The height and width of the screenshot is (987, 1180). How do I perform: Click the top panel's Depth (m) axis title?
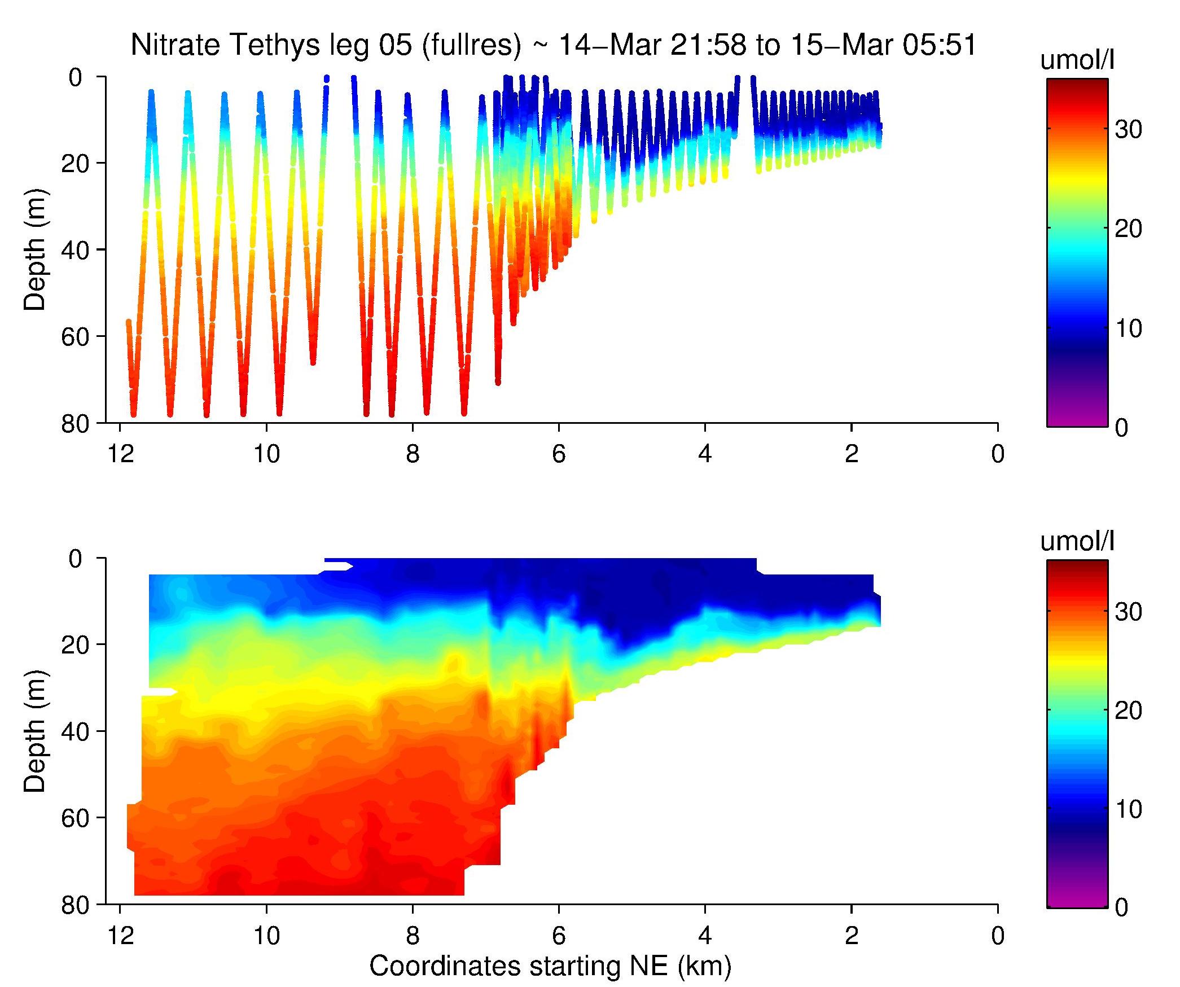35,249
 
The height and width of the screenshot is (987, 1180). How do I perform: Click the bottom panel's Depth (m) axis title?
35,731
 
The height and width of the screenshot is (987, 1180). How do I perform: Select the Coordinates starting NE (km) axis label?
550,966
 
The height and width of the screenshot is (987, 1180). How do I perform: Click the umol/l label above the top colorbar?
1077,60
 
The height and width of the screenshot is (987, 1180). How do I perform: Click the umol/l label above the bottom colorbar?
1077,542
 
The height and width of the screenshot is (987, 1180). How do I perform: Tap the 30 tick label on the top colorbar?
1128,130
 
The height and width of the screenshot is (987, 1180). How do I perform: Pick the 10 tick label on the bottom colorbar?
1128,810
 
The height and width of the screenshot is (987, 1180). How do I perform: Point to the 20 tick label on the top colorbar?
1128,229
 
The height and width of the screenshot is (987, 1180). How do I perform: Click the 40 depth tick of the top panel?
76,250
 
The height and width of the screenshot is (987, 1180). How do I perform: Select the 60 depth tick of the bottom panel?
76,818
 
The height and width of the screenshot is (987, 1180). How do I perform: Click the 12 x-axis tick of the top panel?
120,454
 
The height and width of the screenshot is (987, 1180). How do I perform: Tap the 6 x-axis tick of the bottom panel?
559,936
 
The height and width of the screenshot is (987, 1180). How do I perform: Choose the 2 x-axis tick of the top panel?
852,454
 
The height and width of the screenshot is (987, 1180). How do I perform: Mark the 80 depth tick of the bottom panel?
76,905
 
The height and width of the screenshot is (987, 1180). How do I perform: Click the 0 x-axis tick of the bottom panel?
998,936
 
